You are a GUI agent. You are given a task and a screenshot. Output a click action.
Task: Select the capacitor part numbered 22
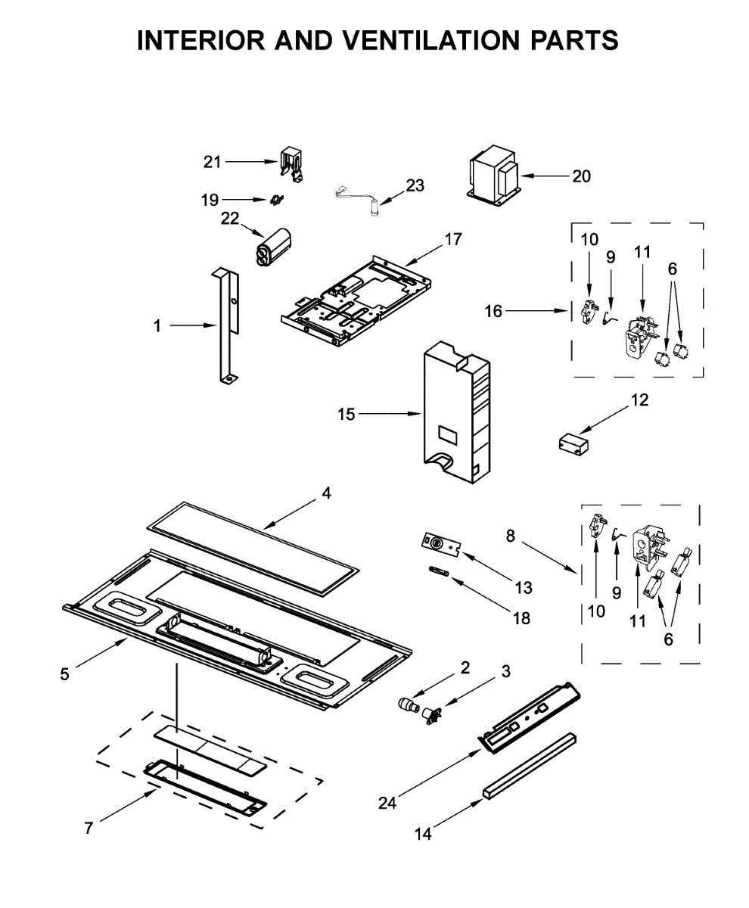[x=272, y=246]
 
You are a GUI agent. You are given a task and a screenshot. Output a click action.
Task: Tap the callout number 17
[x=453, y=240]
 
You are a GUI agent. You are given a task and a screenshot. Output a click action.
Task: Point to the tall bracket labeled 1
[x=226, y=325]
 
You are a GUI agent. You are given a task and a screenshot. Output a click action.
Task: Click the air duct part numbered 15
[x=453, y=415]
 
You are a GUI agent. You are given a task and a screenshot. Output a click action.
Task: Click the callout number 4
[x=326, y=493]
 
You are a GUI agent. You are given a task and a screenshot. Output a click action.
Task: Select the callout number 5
[x=64, y=673]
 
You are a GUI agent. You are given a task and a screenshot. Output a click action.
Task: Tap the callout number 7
[x=89, y=829]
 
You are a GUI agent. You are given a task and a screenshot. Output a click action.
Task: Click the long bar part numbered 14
[x=529, y=765]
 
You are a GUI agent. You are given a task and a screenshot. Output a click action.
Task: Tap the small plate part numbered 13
[x=440, y=543]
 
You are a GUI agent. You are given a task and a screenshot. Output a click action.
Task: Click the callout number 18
[x=521, y=617]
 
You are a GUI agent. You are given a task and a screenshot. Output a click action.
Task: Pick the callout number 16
[x=493, y=310]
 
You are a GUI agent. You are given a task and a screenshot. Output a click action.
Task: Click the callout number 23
[x=415, y=185]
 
